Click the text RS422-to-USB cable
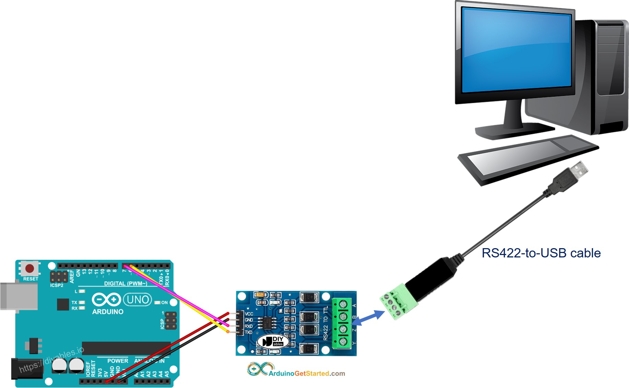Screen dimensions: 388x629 541,253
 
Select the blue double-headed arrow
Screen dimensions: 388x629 368,318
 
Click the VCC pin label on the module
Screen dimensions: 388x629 249,314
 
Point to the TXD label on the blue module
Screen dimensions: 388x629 249,332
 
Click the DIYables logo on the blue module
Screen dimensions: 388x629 273,341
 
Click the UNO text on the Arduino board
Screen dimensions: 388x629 138,300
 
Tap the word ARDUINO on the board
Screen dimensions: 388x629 108,312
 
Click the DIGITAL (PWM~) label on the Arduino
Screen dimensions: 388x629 126,283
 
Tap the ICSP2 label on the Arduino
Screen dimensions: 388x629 57,285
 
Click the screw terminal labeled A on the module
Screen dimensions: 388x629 342,304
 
